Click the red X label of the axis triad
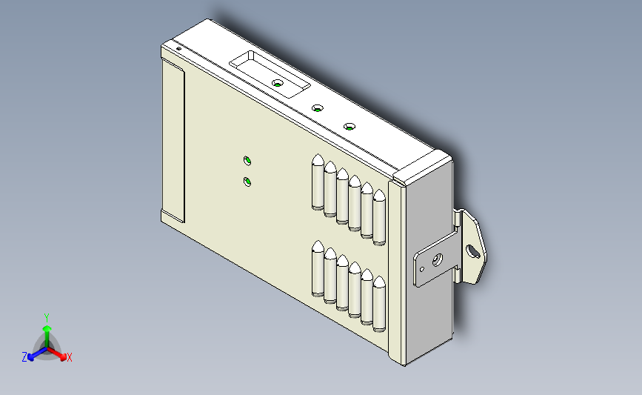pos(69,357)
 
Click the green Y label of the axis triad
pos(46,316)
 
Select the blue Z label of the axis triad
pos(24,357)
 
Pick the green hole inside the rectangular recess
pos(278,84)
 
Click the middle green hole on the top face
pos(317,109)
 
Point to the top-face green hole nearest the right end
pos(350,126)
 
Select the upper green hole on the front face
pos(247,160)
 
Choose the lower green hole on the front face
pos(247,182)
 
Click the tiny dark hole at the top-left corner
pos(178,49)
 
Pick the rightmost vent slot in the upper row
pos(380,217)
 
